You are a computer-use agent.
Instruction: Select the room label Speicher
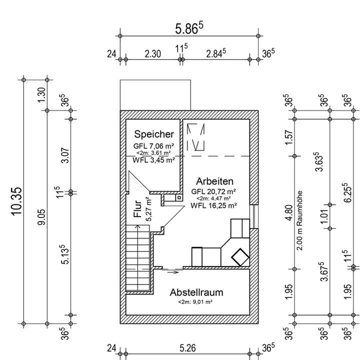coord(154,134)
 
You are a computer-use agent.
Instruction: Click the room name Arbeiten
coord(215,181)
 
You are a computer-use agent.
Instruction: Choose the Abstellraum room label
coord(196,292)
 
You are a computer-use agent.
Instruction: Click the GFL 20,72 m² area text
coord(214,191)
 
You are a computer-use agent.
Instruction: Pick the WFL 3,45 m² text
coord(154,160)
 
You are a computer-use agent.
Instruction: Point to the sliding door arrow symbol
coord(173,272)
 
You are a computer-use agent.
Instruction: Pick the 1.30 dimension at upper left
coord(41,93)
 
